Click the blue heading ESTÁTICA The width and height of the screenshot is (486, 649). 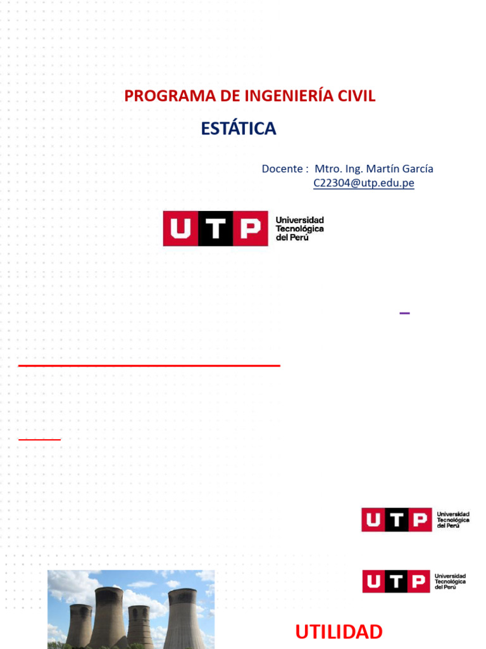tap(239, 129)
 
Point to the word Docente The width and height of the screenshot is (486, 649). tap(282, 169)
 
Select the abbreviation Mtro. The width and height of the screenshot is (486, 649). tap(328, 169)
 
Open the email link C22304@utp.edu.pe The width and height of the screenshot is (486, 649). tap(363, 183)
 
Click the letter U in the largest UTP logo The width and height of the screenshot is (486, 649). tap(180, 229)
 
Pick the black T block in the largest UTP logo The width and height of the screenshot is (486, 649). tap(216, 229)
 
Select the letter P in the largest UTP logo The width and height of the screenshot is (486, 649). tap(251, 229)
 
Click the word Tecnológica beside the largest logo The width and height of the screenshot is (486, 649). tap(300, 229)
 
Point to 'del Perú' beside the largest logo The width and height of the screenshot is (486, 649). tap(292, 238)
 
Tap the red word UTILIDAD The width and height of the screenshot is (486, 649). tap(339, 632)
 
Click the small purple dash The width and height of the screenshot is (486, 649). tap(405, 312)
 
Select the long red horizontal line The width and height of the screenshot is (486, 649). tap(149, 366)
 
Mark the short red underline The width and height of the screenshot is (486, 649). tap(39, 439)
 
